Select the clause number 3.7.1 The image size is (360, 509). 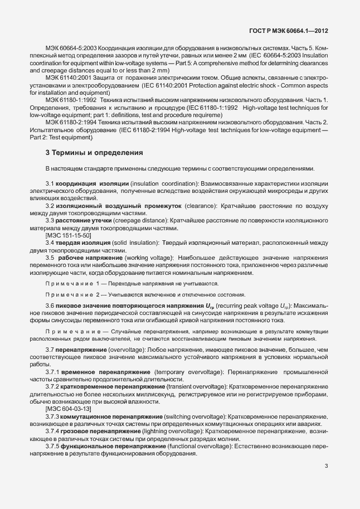click(52, 371)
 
